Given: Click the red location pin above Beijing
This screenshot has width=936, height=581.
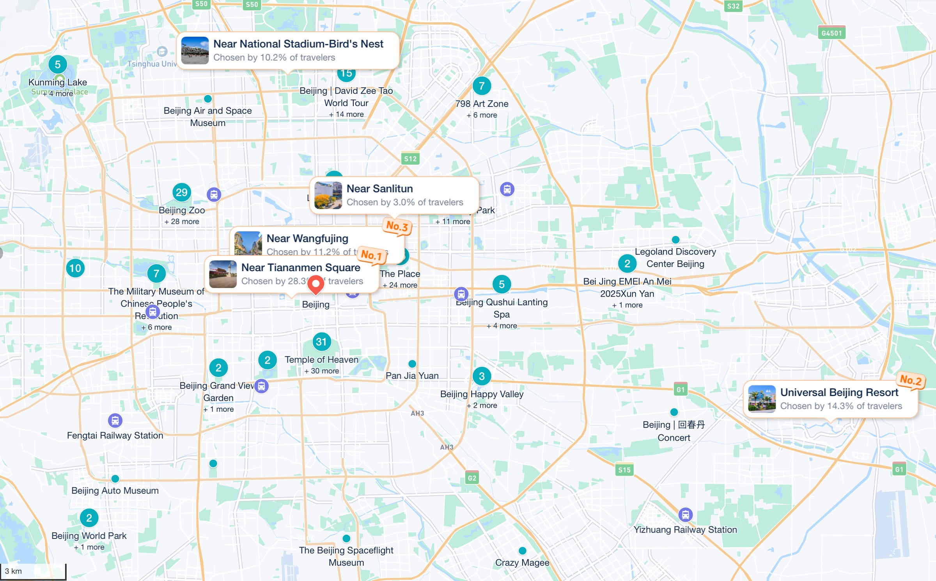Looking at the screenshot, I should tap(316, 284).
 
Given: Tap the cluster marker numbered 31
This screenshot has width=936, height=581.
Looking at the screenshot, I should tap(321, 342).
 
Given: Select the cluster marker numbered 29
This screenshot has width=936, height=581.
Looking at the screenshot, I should tap(181, 192).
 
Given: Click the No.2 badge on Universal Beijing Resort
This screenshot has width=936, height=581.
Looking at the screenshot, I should tap(911, 380).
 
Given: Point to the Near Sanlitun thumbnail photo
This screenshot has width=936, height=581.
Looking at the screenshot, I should tap(328, 195).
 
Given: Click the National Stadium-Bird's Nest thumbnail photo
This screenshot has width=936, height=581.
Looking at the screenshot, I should tap(195, 51).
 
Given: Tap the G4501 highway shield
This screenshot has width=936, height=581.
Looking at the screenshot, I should tap(831, 33).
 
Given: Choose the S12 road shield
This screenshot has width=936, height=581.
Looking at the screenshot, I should tap(410, 159).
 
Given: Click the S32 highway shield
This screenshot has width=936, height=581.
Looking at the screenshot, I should tap(733, 6).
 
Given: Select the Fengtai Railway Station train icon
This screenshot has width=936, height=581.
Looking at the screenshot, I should tap(115, 421).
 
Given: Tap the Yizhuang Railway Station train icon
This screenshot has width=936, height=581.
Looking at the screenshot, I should tap(685, 515).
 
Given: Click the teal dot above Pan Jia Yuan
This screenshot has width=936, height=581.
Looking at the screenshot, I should tap(412, 364).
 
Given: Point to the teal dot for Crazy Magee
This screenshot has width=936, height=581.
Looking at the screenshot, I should tap(522, 551).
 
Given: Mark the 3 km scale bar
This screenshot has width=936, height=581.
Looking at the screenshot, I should tap(33, 572).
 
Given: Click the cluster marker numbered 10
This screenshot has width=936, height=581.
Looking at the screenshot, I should tap(75, 268).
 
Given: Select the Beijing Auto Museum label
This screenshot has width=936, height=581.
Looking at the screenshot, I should tap(115, 490).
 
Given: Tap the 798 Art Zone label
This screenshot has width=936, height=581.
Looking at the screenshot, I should tap(482, 104).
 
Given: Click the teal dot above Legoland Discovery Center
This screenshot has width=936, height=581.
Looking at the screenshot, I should tap(675, 240).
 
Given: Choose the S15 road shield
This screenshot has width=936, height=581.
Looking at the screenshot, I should tap(624, 470).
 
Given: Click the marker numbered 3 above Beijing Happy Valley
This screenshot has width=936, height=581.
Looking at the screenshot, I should tap(482, 376).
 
